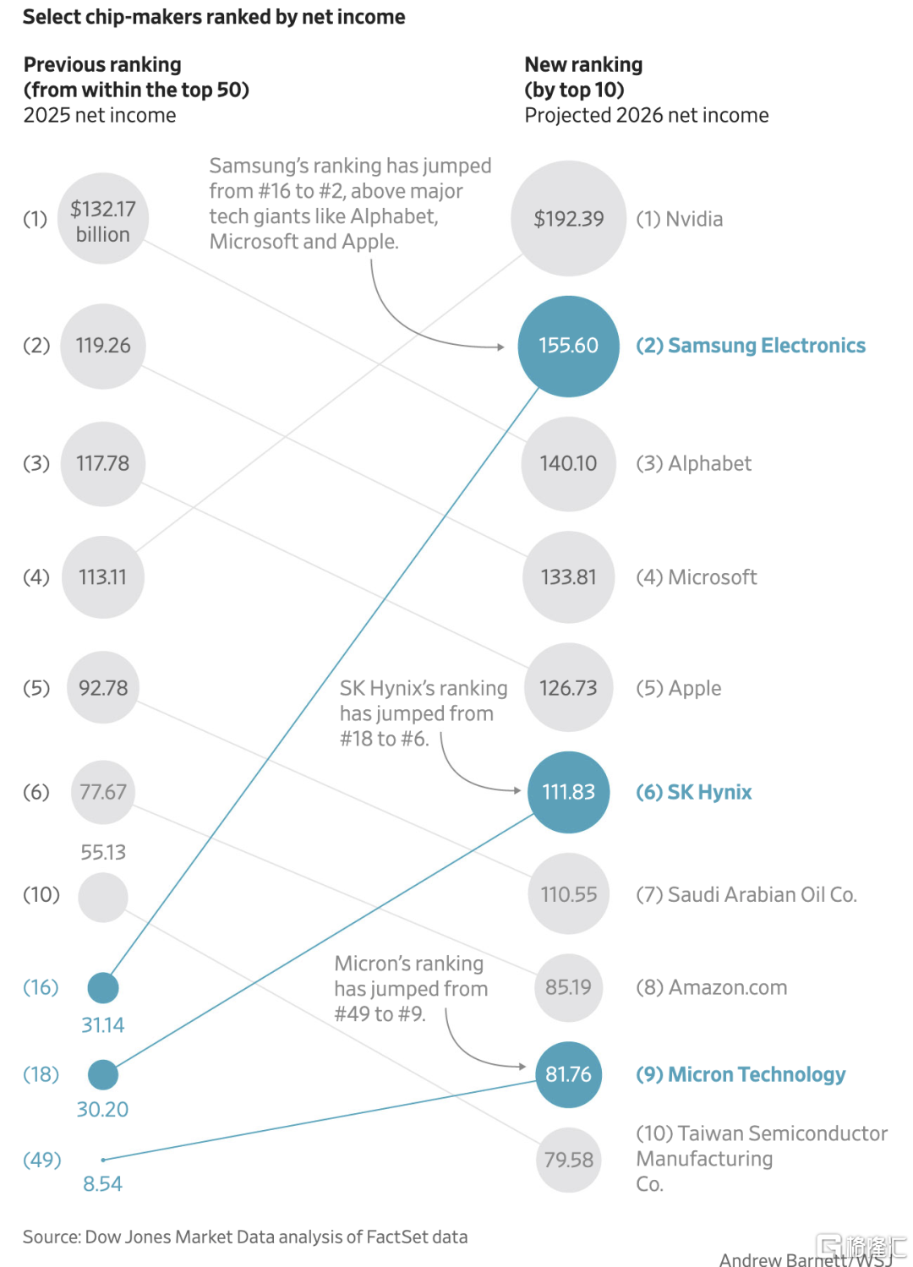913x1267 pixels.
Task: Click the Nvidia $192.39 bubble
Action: [x=568, y=218]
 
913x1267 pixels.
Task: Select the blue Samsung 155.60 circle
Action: [x=568, y=347]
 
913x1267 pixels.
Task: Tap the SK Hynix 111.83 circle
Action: [x=568, y=792]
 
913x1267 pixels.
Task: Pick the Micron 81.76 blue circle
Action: [x=568, y=1074]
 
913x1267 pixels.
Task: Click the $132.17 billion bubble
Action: [x=103, y=218]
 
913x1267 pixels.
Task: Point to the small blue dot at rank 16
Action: [x=103, y=987]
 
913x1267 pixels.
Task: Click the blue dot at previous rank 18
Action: [x=103, y=1074]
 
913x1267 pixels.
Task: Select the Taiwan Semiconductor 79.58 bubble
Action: [x=568, y=1160]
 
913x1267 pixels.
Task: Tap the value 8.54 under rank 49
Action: [x=102, y=1184]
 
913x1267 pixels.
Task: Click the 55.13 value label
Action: [x=103, y=852]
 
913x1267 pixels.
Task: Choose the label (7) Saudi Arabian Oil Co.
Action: [x=746, y=894]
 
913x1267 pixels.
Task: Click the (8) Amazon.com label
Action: [x=711, y=987]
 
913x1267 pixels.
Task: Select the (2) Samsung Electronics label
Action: [x=751, y=346]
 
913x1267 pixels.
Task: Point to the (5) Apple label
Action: [x=678, y=688]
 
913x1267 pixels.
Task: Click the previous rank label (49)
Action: [x=41, y=1160]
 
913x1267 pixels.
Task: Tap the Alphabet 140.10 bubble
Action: [x=568, y=464]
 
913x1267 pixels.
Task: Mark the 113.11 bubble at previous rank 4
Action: [x=103, y=577]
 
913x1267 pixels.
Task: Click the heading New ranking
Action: [x=583, y=64]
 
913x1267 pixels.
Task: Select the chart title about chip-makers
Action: [x=214, y=17]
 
